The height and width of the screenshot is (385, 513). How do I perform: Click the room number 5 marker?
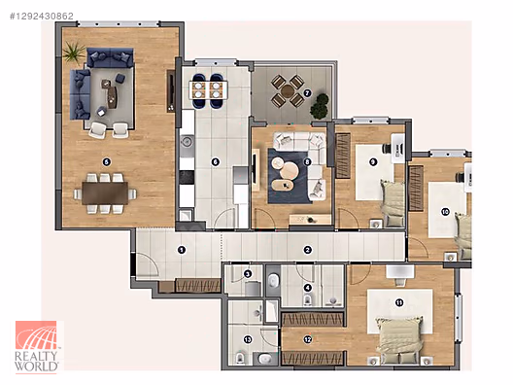[x=106, y=161]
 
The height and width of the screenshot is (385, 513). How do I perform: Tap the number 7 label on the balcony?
[x=307, y=93]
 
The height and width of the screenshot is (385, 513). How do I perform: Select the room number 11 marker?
[x=399, y=302]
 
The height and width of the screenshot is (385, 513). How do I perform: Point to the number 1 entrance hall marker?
[x=182, y=250]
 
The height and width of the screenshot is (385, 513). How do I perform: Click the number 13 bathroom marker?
[x=248, y=340]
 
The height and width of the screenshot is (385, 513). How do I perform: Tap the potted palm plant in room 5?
[x=74, y=52]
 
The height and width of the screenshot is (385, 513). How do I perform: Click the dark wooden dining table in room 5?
[x=105, y=193]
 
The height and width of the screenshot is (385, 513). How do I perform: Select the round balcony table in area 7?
[x=288, y=91]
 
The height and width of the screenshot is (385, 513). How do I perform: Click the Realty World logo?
[x=36, y=347]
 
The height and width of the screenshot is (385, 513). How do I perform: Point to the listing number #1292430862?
[x=42, y=16]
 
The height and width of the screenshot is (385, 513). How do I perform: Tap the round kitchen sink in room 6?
[x=187, y=141]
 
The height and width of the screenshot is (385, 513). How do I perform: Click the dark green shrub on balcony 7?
[x=320, y=106]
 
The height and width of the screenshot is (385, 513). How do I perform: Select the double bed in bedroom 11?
[x=398, y=340]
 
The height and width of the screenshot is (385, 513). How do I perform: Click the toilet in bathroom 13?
[x=241, y=358]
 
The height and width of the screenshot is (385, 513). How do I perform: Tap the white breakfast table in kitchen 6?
[x=208, y=90]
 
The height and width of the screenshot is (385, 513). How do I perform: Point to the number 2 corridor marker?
[x=307, y=250]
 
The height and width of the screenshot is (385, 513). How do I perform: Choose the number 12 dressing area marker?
[x=308, y=340]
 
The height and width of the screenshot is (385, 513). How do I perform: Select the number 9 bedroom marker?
[x=373, y=162]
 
